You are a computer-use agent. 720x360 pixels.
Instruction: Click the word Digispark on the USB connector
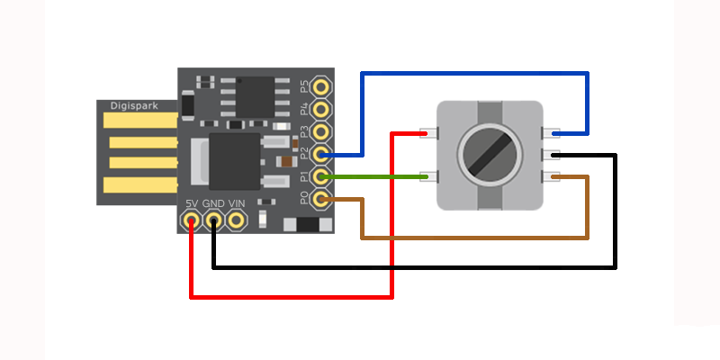tap(134, 106)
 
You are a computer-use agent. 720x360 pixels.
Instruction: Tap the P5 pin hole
tap(321, 87)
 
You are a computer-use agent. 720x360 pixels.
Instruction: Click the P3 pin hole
tap(321, 132)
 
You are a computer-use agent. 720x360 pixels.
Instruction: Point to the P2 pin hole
tap(321, 154)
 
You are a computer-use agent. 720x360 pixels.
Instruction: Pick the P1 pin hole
tap(321, 176)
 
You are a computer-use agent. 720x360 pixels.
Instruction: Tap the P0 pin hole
tap(321, 199)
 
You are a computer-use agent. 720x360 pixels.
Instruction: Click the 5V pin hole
tap(191, 219)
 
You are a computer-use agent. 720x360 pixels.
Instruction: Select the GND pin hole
tap(213, 219)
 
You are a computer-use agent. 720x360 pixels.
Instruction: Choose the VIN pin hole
tap(236, 219)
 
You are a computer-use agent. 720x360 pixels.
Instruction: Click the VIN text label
tap(237, 203)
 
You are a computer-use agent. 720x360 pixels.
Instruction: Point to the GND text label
tap(213, 203)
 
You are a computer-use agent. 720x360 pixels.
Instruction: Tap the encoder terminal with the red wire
tap(430, 134)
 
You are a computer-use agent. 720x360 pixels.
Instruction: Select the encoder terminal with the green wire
tap(430, 176)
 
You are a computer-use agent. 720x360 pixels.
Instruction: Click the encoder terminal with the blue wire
tap(551, 134)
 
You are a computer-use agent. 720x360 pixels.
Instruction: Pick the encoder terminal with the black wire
tap(551, 155)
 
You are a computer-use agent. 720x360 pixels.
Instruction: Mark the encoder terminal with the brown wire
tap(551, 176)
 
